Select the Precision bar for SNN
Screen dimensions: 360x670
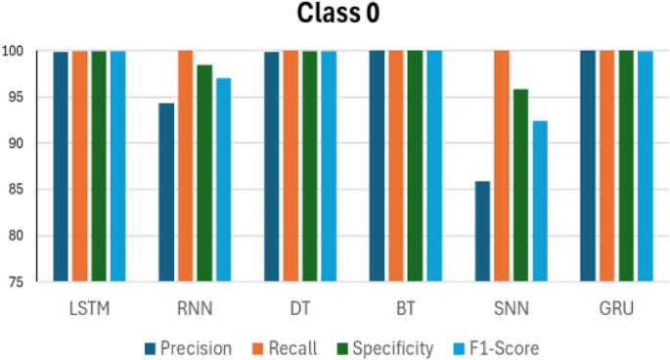click(482, 231)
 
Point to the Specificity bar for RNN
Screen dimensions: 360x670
click(204, 173)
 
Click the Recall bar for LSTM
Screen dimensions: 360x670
click(80, 166)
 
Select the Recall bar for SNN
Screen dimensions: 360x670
click(502, 166)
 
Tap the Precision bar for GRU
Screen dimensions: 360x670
click(588, 166)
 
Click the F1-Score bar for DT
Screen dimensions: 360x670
click(330, 166)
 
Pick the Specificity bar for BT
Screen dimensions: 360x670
click(415, 166)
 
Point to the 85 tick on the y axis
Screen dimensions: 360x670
click(19, 189)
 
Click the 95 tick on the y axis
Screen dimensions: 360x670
click(19, 97)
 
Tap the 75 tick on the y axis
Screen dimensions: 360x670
click(19, 282)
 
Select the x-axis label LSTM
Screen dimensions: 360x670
click(90, 309)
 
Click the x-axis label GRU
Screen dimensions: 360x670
click(616, 309)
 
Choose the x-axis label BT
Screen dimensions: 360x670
click(406, 309)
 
